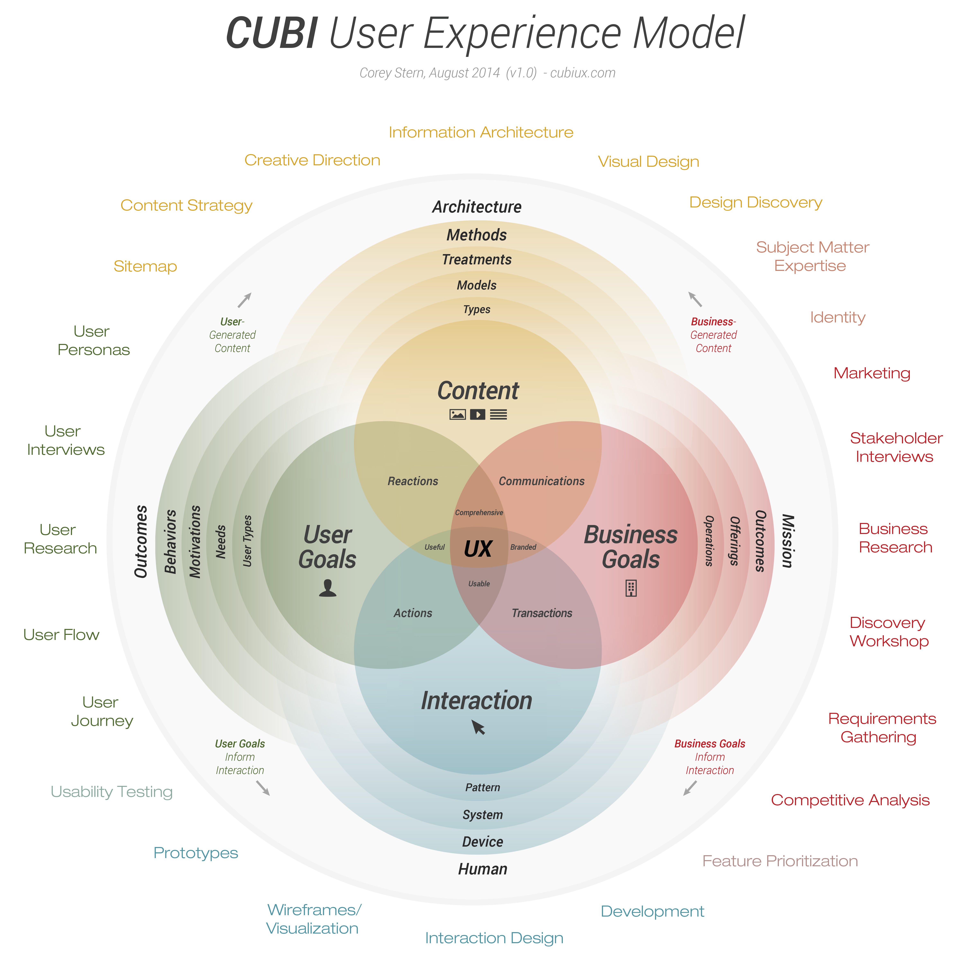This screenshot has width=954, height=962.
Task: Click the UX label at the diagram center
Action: (478, 549)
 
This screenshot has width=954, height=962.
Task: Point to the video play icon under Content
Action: (478, 414)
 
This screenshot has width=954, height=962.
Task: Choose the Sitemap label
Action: (145, 266)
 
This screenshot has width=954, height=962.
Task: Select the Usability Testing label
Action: (112, 792)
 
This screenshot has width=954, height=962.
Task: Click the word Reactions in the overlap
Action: (413, 481)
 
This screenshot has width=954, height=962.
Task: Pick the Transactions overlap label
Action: (542, 613)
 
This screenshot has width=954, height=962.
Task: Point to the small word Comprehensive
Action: (479, 512)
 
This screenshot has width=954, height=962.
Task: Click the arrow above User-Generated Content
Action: (244, 300)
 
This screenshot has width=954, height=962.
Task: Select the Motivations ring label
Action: (195, 542)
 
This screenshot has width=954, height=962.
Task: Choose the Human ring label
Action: (482, 869)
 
